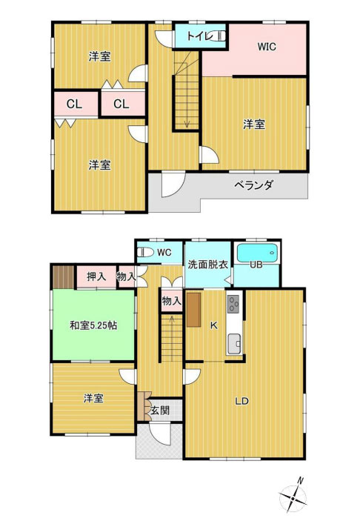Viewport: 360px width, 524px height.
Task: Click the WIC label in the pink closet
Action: pos(267,47)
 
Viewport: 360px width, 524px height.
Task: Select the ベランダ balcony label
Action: pos(254,185)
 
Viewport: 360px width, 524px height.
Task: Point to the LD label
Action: pos(241,402)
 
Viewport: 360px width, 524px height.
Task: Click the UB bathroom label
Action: pos(256,265)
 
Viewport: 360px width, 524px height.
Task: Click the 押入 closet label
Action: pos(96,277)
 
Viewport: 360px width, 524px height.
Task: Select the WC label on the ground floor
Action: pos(164,253)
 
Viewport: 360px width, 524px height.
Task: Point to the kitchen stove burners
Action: pos(233,303)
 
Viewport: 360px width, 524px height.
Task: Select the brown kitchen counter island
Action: pos(194,309)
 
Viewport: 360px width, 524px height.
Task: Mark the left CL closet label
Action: pos(73,105)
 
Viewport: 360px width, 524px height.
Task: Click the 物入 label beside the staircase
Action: pos(172,300)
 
